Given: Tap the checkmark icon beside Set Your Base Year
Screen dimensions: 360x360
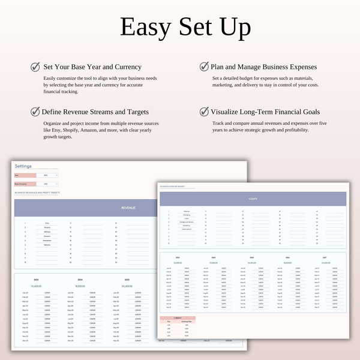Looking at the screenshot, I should [x=35, y=67].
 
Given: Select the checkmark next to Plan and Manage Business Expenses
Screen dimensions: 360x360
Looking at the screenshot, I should [x=205, y=67].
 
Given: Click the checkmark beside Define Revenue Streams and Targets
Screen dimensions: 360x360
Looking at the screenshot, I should [x=35, y=111].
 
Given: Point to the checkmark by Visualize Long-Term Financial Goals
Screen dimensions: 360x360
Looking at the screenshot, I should [x=205, y=111].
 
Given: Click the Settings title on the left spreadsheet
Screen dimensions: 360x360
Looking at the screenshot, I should [x=23, y=166].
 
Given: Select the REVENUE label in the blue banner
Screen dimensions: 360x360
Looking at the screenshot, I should [x=128, y=208].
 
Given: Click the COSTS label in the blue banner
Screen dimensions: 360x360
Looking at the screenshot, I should [x=253, y=199].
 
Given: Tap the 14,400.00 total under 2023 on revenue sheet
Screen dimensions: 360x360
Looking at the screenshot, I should [x=35, y=286].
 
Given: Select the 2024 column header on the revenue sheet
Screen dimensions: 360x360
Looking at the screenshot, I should [x=80, y=280].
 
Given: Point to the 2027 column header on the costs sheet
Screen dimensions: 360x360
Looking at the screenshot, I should [x=325, y=259].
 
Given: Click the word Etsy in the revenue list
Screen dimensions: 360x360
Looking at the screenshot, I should [x=47, y=223].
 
